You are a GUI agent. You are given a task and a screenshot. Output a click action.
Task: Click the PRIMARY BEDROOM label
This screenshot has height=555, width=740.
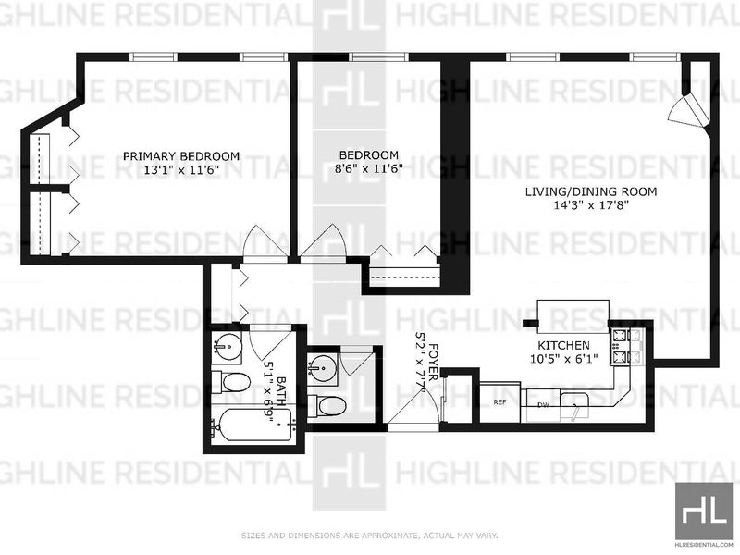(x=181, y=156)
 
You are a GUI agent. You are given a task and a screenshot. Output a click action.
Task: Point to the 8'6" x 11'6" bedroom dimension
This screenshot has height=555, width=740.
(x=368, y=168)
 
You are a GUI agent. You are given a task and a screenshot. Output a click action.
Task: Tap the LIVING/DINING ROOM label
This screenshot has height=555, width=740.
(x=591, y=191)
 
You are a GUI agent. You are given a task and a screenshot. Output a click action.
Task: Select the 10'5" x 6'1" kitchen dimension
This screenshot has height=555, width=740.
(x=564, y=359)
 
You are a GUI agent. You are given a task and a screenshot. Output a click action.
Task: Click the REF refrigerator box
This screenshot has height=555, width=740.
(x=500, y=402)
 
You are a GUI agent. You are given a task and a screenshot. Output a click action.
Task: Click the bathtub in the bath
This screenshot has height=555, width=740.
(x=253, y=425)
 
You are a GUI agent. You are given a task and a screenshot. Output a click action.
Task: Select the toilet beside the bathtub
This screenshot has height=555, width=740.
(x=230, y=382)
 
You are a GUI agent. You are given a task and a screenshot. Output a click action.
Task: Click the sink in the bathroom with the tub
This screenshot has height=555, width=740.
(x=227, y=348)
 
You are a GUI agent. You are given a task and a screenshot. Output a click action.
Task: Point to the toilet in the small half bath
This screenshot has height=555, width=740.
(x=327, y=405)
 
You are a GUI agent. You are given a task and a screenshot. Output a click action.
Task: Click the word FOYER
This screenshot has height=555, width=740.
(x=434, y=362)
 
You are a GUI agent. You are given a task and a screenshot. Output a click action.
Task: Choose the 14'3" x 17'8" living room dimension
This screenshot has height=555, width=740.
(x=591, y=205)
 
